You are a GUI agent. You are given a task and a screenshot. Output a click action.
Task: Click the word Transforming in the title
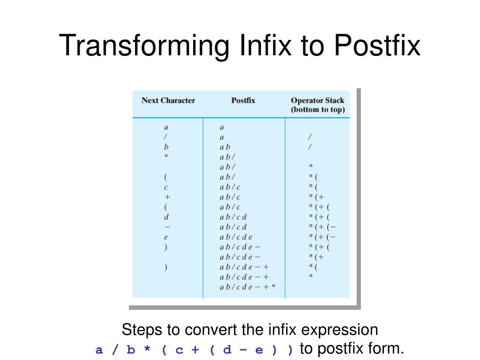pos(144,45)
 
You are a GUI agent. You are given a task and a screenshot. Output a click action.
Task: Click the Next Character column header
pos(168,100)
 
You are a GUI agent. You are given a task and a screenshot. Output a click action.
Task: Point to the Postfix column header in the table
pos(243,100)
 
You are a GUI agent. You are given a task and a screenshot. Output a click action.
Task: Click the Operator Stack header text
pos(317,100)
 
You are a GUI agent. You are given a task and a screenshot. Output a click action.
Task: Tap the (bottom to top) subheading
pos(318,109)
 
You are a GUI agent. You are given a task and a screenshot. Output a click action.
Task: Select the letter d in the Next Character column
pos(166,217)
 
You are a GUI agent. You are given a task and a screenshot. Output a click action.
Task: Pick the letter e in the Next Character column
pos(166,237)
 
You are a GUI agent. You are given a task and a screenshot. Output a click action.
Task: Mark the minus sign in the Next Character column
pos(167,227)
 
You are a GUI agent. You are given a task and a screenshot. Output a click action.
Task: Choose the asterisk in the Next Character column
pos(166,156)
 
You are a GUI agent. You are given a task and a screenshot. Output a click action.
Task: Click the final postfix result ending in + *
pos(247,287)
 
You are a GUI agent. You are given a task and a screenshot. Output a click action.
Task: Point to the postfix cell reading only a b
pos(225,147)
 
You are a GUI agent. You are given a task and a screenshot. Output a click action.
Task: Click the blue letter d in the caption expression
pos(227,349)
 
